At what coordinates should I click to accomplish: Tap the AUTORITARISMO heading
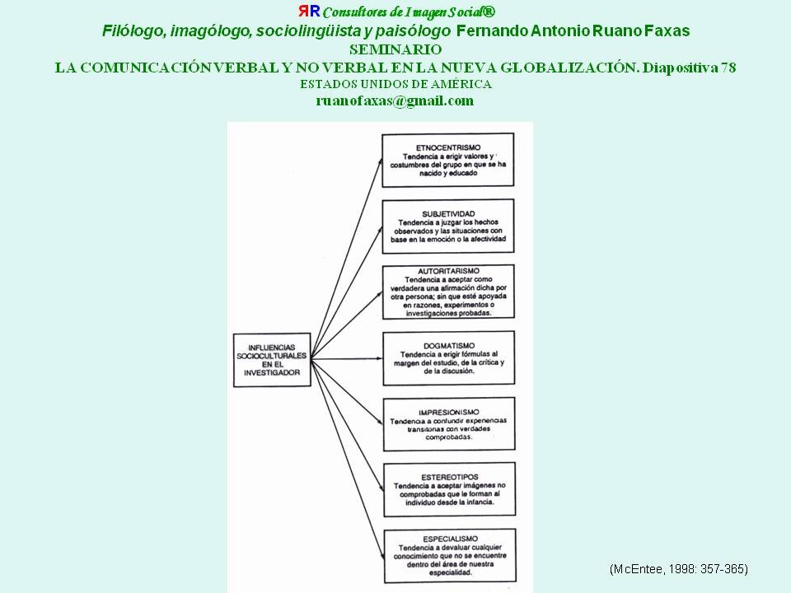(449, 270)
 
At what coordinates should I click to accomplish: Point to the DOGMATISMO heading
(449, 346)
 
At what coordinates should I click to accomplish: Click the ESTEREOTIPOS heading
(449, 475)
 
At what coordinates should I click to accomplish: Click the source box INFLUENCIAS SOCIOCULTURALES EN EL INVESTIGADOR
(268, 359)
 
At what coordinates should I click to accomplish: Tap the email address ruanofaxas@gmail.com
(395, 100)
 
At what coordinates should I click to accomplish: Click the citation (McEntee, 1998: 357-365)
(678, 569)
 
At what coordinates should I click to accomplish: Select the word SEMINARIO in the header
(395, 49)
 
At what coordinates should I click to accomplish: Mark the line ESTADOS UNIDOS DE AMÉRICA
(395, 84)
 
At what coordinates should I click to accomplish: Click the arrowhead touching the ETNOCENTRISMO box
(379, 160)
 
